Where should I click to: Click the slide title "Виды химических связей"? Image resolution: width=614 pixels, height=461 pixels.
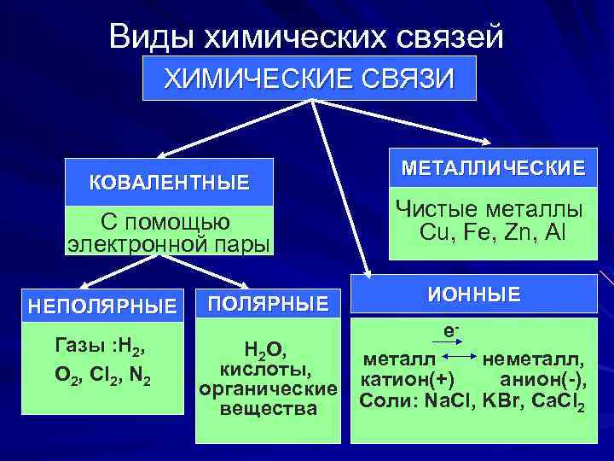tap(307, 37)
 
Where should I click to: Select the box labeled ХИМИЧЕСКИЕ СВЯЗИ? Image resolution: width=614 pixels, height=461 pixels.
tap(309, 79)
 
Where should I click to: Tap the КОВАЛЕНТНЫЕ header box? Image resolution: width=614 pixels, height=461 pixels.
tap(170, 182)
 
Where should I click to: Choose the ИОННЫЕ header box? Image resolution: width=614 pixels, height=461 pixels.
tap(474, 295)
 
